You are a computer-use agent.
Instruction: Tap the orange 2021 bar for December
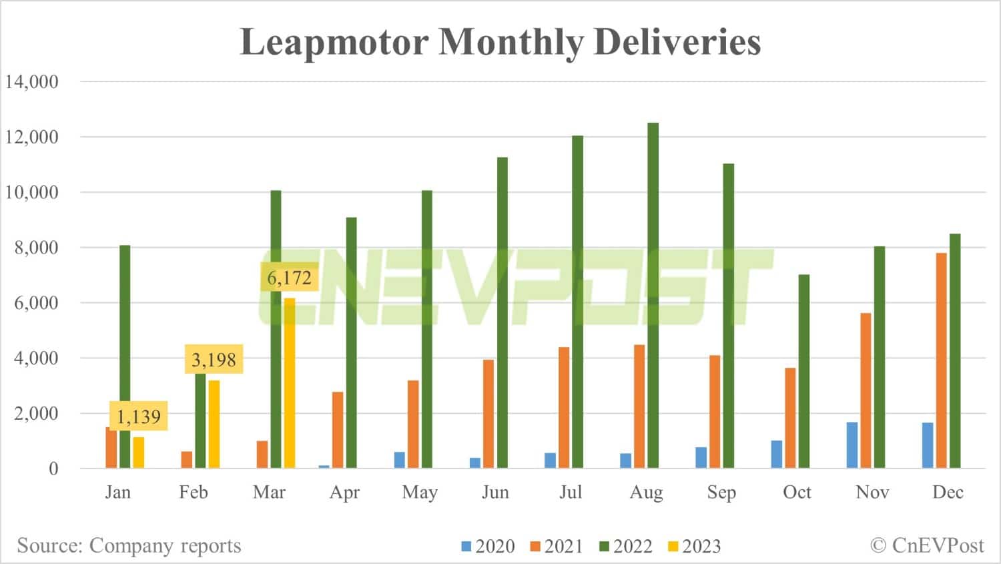[x=941, y=360]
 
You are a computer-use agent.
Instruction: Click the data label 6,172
[x=289, y=278]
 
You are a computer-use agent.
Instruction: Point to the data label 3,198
[x=214, y=360]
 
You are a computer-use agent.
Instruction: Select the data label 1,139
[x=139, y=416]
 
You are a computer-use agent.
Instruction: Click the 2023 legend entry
[x=694, y=546]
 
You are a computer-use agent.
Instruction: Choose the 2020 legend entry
[x=488, y=546]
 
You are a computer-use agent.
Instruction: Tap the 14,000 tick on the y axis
[x=32, y=81]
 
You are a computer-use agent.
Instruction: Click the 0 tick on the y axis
[x=53, y=469]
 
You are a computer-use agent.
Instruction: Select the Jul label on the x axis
[x=571, y=492]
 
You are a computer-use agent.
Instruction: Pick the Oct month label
[x=797, y=492]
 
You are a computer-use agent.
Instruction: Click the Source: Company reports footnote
[x=129, y=545]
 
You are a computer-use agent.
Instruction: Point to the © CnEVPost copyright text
[x=927, y=545]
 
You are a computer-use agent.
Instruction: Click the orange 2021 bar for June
[x=488, y=414]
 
